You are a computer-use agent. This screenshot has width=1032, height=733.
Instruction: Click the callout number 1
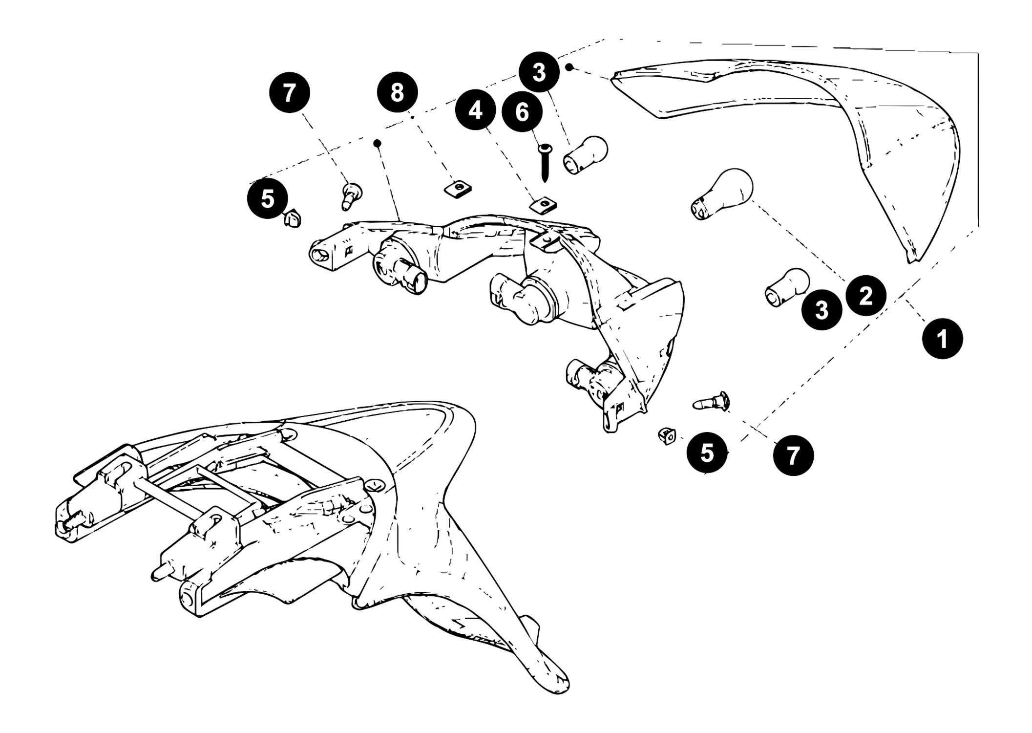942,339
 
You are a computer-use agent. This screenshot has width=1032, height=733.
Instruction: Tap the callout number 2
866,296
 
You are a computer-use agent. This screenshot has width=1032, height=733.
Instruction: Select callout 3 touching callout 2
822,310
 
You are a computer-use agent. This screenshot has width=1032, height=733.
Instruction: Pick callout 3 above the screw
539,72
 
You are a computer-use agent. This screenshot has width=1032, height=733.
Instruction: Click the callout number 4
475,111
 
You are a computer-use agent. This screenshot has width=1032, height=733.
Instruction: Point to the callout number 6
522,112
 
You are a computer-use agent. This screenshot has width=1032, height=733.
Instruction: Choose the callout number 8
398,92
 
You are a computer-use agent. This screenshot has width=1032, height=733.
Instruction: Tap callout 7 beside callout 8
290,93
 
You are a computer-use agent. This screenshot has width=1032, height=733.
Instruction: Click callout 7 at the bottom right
793,455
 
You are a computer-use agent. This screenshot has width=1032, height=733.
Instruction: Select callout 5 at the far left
268,199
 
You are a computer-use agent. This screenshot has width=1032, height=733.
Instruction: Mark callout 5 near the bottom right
707,453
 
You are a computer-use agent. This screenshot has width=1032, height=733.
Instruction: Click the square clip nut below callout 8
456,189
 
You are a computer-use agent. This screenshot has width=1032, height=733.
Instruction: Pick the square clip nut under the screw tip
544,206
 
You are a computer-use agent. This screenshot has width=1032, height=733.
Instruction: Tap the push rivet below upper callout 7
350,195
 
